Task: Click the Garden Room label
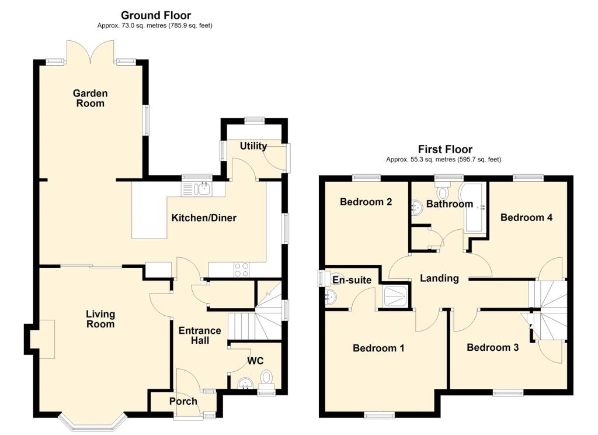coord(91,98)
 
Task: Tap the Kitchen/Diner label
coord(204,218)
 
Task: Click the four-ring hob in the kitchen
coord(242,270)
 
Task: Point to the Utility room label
coord(253,146)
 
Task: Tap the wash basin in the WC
coord(245,384)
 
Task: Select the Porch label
coord(183,402)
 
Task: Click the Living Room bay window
coord(92,422)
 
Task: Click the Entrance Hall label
coord(200,336)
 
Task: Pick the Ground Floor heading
coord(155,15)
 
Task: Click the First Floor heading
coord(445,149)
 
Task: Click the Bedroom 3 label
coord(493,347)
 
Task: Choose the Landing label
coord(439,278)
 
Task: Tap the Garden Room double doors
coord(91,51)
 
